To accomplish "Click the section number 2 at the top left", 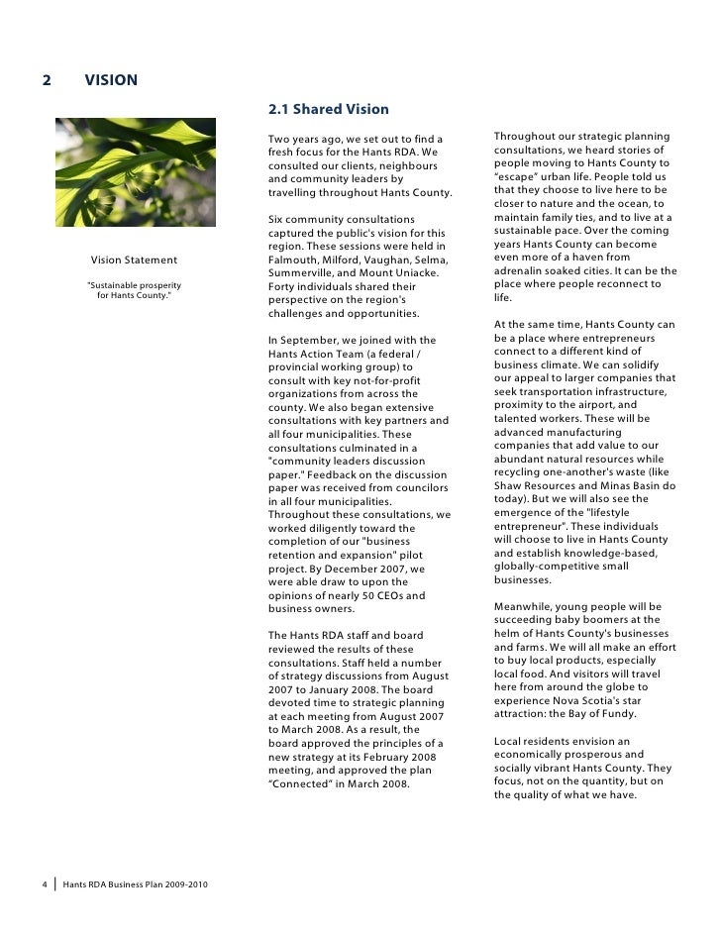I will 47,80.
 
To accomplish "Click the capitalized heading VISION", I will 111,80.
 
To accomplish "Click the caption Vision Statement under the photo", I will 134,260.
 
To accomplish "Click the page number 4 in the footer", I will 46,883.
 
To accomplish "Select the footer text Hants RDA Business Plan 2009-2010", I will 135,883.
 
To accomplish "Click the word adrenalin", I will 521,270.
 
